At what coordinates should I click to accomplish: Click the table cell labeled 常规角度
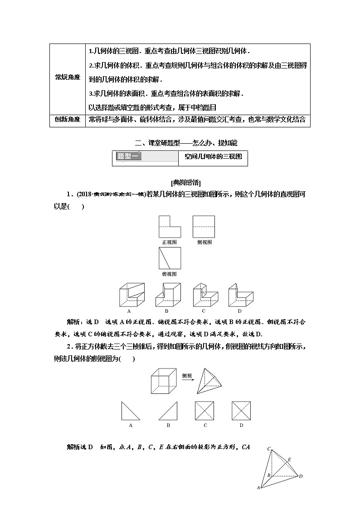68,78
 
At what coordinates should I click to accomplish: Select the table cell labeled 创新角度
68,120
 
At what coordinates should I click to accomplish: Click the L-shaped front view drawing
170,227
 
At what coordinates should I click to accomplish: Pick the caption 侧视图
204,242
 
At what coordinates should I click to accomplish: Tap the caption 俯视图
170,274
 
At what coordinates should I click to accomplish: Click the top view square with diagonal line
170,258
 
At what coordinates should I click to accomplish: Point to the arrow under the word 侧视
187,381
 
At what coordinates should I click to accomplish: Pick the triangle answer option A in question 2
130,411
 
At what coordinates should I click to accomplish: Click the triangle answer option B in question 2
168,411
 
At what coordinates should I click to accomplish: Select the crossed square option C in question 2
205,411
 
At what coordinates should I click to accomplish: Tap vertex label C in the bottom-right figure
269,449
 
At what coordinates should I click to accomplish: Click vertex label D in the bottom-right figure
301,476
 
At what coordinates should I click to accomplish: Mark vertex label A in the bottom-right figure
258,488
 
